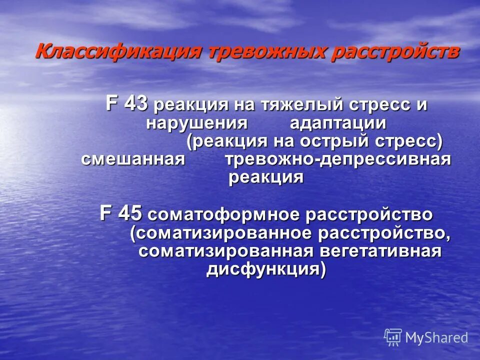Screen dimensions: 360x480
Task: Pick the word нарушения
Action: click(x=197, y=123)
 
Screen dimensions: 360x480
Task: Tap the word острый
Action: click(x=338, y=141)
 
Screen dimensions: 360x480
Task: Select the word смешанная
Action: click(x=133, y=159)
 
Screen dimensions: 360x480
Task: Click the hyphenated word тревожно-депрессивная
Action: click(x=338, y=159)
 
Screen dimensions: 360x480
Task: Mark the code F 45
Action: click(x=121, y=214)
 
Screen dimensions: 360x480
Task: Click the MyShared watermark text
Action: click(x=436, y=337)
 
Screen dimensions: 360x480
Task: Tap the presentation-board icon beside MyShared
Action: click(x=393, y=337)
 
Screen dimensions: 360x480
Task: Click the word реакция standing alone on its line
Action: click(x=266, y=177)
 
